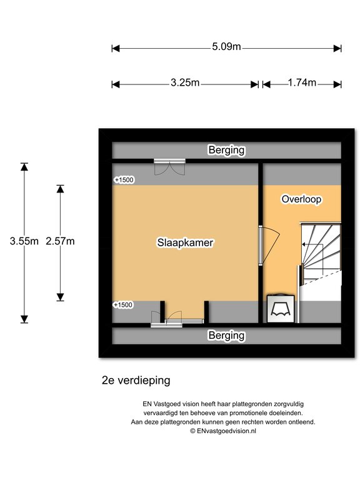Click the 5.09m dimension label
click(x=226, y=47)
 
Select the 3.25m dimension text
click(x=185, y=82)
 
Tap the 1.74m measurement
click(x=302, y=82)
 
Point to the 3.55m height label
click(x=24, y=241)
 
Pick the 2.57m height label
click(x=60, y=241)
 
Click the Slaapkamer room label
click(x=185, y=242)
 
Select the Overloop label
click(x=301, y=199)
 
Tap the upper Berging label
click(x=226, y=150)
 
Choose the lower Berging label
click(x=226, y=336)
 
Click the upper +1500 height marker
click(x=124, y=180)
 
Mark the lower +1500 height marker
click(x=123, y=305)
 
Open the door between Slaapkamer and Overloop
click(x=269, y=245)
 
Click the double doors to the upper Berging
click(x=169, y=167)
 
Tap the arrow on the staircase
click(x=312, y=244)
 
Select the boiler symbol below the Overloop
click(x=281, y=309)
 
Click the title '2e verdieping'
click(x=136, y=381)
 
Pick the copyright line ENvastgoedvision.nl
click(x=223, y=431)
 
